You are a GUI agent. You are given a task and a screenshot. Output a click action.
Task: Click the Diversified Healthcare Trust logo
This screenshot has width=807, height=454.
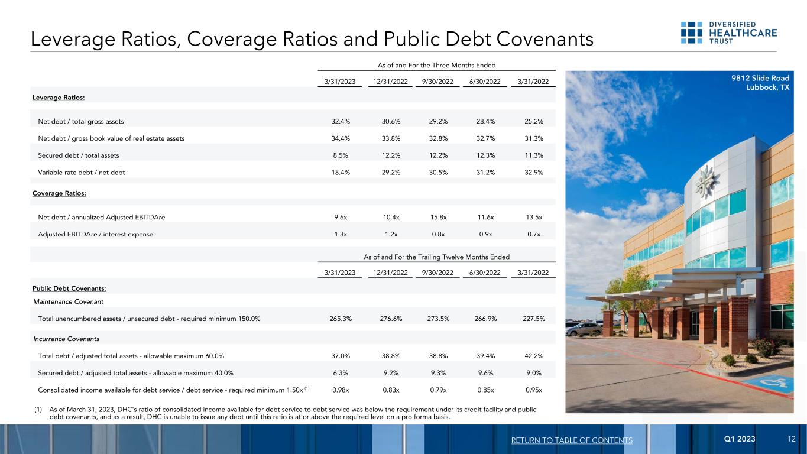[728, 33]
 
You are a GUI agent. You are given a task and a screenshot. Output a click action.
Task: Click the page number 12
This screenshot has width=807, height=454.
[791, 440]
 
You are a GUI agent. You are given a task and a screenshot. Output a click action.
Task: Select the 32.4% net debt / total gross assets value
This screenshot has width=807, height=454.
[341, 121]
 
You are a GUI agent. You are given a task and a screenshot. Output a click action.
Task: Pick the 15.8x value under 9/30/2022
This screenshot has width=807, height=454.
[439, 217]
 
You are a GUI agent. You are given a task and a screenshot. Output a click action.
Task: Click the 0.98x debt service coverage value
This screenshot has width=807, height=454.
[341, 390]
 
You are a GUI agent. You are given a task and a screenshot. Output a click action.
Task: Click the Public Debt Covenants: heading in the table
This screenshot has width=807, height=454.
[69, 288]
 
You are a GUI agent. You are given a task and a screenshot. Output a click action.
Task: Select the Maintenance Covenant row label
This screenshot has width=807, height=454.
[68, 302]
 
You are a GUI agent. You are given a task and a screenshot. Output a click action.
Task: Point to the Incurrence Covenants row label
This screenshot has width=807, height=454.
[66, 339]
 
